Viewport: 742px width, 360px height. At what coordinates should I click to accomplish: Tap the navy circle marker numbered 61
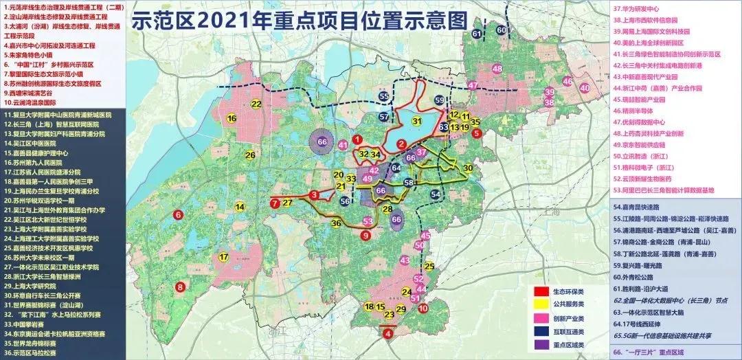[476, 34]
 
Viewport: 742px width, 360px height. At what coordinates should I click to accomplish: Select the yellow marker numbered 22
[256, 104]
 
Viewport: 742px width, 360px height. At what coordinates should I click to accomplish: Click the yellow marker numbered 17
[223, 258]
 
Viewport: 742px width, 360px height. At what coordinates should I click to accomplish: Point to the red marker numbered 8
[180, 286]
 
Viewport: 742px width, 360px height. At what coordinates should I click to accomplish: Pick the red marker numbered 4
[389, 334]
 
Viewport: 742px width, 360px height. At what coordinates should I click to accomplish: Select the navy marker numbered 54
[435, 195]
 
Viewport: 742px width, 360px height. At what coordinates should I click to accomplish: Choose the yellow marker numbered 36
[336, 223]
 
